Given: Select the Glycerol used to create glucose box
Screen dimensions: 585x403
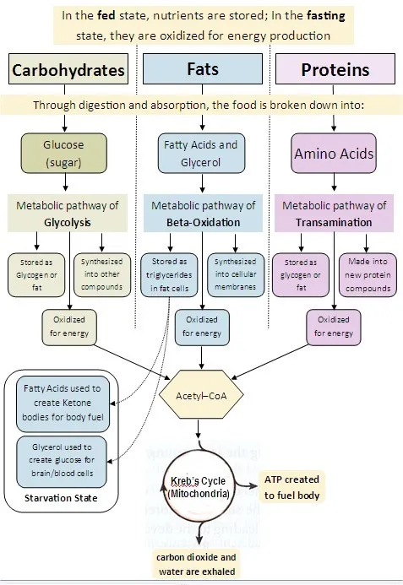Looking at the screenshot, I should (x=62, y=461).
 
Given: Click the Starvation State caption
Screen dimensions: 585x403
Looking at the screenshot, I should (x=62, y=498).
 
